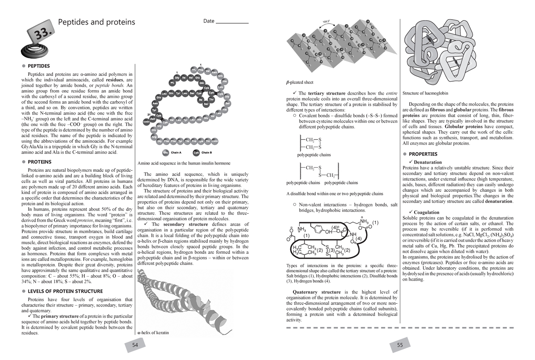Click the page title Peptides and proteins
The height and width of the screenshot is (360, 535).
pos(97,22)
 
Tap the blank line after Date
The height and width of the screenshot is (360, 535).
pos(232,21)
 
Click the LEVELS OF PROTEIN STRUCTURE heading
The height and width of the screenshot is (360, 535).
pos(65,291)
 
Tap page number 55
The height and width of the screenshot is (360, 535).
pos(399,345)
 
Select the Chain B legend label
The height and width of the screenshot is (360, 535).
pos(206,153)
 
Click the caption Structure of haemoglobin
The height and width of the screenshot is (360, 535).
pos(425,93)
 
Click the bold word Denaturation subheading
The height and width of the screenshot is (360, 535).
pos(428,162)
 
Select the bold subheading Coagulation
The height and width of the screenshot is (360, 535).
pos(426,212)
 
